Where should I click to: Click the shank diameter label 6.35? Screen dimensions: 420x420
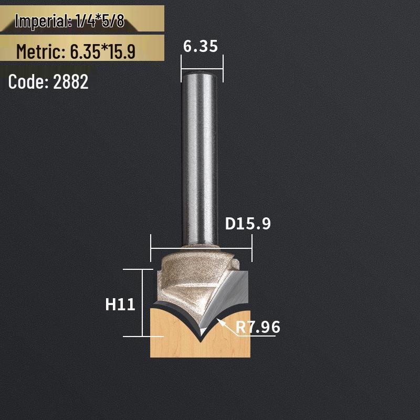click(200, 47)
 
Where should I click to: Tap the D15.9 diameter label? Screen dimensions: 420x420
click(248, 224)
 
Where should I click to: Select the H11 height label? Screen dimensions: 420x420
click(121, 304)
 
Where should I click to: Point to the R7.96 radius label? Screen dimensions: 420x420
click(258, 327)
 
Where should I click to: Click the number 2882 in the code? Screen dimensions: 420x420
click(71, 82)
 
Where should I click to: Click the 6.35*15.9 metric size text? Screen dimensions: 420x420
click(102, 51)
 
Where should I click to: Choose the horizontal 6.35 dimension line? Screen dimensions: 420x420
click(202, 68)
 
